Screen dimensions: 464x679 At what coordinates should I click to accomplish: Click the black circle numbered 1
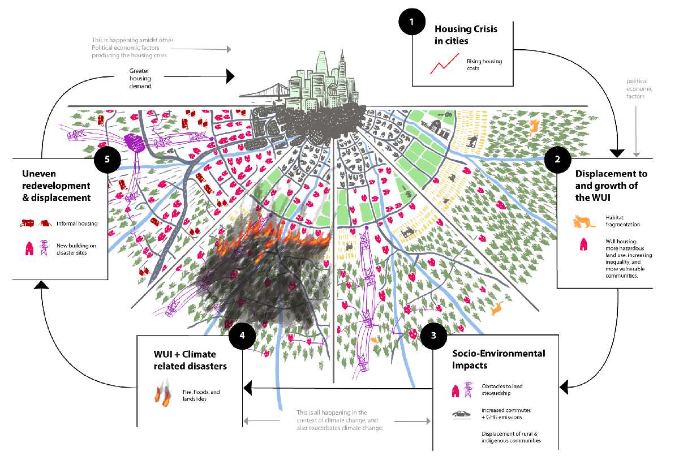(412, 23)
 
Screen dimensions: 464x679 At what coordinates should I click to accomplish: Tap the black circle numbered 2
(558, 159)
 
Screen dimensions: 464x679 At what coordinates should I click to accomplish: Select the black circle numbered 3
(433, 335)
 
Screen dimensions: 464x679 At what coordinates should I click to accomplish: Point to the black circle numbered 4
(242, 335)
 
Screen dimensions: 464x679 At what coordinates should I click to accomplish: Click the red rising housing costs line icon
(445, 65)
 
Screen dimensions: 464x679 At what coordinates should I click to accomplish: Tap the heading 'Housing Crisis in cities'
(466, 34)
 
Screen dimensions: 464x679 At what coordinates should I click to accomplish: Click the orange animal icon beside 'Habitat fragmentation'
(585, 221)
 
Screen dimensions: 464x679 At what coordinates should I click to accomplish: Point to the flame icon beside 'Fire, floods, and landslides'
(162, 394)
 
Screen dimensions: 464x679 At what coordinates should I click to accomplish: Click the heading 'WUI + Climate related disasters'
(190, 360)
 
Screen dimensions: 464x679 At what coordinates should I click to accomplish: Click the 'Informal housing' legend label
(77, 224)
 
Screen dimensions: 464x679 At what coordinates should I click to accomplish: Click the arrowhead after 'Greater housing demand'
(230, 76)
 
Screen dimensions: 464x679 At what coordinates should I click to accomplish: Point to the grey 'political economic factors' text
(639, 89)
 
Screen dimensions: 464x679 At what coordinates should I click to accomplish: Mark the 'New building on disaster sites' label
(78, 249)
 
